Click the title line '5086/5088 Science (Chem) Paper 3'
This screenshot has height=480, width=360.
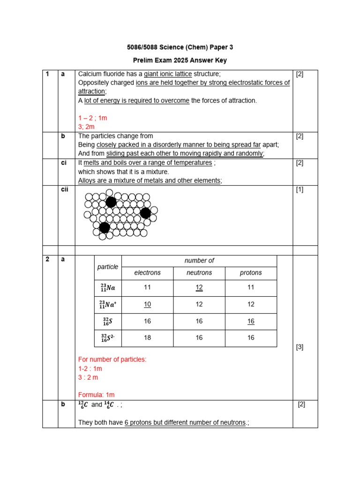(180, 47)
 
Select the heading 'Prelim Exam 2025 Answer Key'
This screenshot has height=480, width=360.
(180, 60)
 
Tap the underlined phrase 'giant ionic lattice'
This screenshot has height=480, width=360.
(168, 74)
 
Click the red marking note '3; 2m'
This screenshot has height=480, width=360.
(86, 127)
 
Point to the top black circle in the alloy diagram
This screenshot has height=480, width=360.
(111, 202)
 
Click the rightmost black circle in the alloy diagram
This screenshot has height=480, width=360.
(145, 213)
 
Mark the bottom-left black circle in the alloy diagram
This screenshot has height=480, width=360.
(105, 228)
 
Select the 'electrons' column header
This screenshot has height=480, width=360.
(147, 273)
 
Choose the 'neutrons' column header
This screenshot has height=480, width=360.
(199, 273)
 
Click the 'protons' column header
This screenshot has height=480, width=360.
(251, 273)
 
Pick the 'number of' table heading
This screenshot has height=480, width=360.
(199, 261)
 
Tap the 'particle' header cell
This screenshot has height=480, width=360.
(108, 267)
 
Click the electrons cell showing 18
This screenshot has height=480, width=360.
(147, 338)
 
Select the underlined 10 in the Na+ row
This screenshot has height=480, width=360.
(147, 304)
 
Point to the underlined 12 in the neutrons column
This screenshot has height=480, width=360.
(199, 287)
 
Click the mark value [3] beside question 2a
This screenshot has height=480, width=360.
(300, 347)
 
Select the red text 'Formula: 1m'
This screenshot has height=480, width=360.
(96, 395)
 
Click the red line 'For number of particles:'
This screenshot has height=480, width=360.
(112, 360)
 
